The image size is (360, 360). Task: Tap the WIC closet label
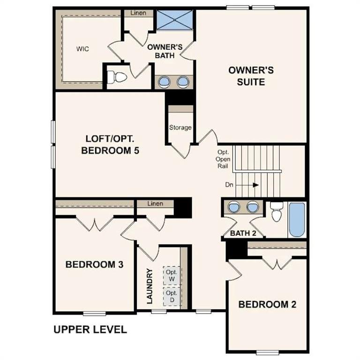tap(83, 49)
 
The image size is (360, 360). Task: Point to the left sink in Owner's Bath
tap(164, 82)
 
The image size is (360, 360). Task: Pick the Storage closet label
tap(180, 127)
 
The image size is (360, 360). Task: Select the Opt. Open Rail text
tap(223, 159)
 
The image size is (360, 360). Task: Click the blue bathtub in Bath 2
tap(296, 219)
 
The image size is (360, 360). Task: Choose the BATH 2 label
tap(243, 233)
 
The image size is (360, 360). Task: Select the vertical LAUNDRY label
tap(150, 286)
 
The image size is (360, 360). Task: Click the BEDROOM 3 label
tap(94, 264)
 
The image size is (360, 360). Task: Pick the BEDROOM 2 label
tap(267, 304)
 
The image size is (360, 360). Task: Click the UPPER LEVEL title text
tap(90, 330)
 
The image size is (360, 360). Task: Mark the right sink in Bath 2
tap(253, 206)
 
